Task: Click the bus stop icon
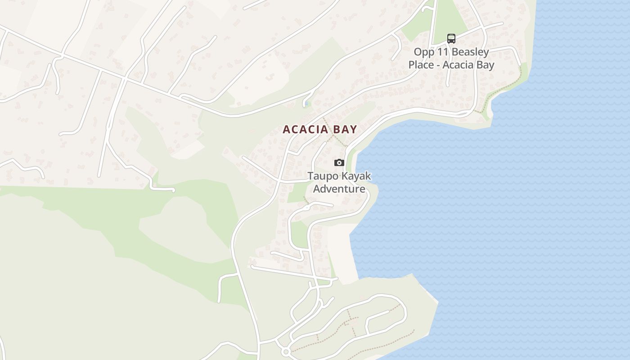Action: [x=451, y=39]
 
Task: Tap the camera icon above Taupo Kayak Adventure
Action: [x=339, y=162]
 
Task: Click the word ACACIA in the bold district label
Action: [x=304, y=130]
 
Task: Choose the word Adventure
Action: [x=339, y=188]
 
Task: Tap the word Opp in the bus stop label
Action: [x=424, y=53]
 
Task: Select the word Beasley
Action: [x=470, y=52]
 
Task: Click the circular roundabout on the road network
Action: [x=285, y=351]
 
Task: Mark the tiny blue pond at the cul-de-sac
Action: [x=306, y=104]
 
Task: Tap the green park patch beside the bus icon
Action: [x=450, y=18]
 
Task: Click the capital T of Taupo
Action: [x=310, y=175]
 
